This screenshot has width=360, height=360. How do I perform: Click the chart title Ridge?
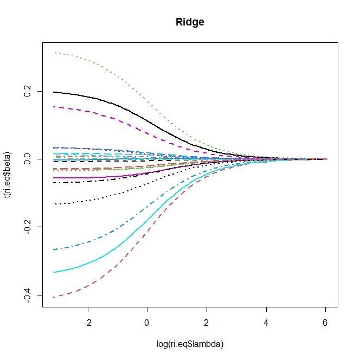pos(190,22)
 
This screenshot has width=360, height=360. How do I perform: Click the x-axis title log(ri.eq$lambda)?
pos(190,344)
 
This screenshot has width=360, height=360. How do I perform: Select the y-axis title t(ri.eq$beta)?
pos(8,175)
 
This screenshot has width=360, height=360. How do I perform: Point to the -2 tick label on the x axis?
pos(88,323)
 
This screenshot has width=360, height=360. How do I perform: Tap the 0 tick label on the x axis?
pos(147,323)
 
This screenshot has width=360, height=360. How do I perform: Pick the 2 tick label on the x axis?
pos(207,323)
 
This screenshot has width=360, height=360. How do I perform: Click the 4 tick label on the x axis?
pos(266,323)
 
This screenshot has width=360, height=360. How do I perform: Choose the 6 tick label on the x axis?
pos(325,323)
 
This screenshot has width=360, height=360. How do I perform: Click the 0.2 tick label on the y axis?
pos(27,91)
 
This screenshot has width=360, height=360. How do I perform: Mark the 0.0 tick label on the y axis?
pos(27,159)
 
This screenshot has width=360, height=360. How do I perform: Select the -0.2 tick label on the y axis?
pos(27,227)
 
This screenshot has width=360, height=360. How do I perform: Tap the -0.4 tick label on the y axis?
pos(27,295)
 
